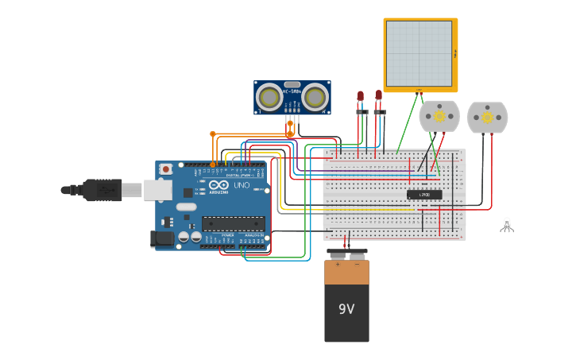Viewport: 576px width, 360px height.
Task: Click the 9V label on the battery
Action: pos(346,309)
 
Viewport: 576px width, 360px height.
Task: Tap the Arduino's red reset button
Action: pos(165,168)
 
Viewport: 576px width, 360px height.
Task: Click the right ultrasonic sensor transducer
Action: pos(315,98)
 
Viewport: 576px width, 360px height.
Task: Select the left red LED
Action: pos(360,96)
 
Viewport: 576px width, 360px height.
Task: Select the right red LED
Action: pos(379,95)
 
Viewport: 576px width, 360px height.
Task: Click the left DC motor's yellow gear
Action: pos(439,116)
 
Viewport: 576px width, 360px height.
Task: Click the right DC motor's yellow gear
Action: pos(487,117)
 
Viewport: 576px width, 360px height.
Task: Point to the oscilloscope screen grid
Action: pos(419,53)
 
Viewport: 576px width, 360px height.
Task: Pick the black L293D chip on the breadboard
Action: pos(424,195)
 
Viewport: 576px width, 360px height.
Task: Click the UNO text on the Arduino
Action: pos(241,185)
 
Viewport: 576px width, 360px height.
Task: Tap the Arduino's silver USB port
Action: pos(157,190)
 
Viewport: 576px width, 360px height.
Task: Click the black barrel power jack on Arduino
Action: pos(162,238)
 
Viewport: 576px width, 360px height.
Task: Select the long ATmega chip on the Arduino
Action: pos(233,223)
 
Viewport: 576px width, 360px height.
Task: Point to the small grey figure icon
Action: pos(507,225)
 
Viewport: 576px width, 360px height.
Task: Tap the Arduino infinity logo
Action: pos(218,185)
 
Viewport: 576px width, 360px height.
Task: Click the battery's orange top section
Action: pos(346,271)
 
